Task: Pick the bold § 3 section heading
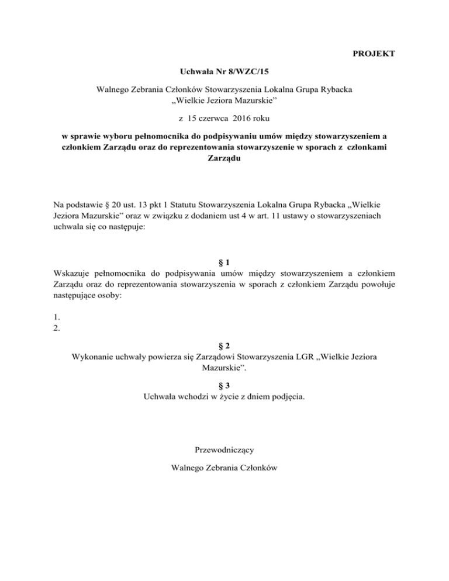click(224, 385)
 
